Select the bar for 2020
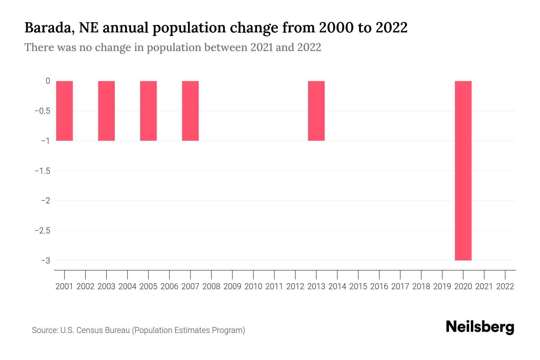pos(463,171)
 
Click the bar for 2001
pos(64,111)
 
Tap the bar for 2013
pos(316,111)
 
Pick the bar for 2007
pos(190,111)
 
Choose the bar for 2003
pos(106,111)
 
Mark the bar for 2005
pos(148,111)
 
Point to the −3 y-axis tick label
pos(46,260)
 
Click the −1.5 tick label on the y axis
pos(42,171)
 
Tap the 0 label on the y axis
pos(48,81)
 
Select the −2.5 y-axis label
pos(42,230)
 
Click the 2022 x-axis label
pos(505,286)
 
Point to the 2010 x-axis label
pos(253,286)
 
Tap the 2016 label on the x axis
pos(379,286)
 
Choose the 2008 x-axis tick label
pos(211,286)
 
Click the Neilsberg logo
pos(480,327)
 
